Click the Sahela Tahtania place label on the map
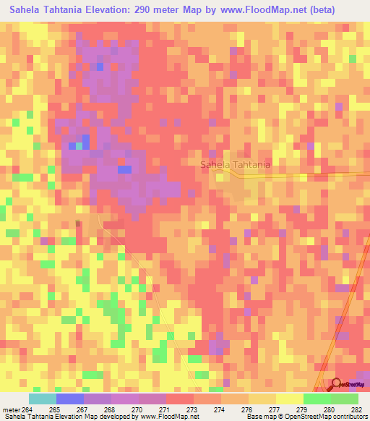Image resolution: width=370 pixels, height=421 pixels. click(x=236, y=164)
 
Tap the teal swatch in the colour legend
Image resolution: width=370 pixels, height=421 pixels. click(x=42, y=399)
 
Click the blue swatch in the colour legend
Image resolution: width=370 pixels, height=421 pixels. click(x=69, y=399)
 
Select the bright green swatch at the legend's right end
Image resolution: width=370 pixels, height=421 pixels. click(x=344, y=399)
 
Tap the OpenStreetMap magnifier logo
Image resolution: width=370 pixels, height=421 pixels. click(x=336, y=384)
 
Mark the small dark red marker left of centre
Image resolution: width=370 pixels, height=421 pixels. click(x=79, y=224)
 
